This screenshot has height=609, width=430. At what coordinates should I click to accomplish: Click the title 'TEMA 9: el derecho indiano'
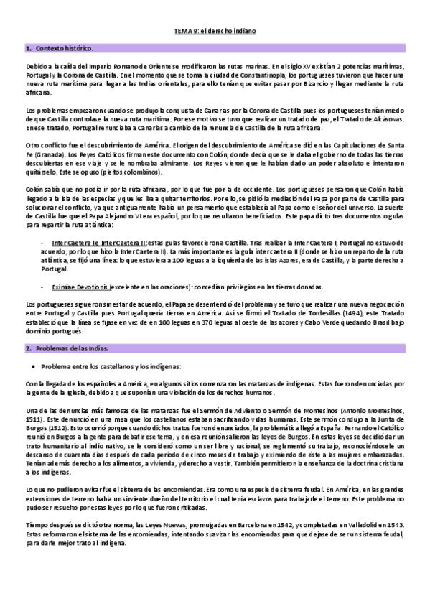[x=215, y=32]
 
